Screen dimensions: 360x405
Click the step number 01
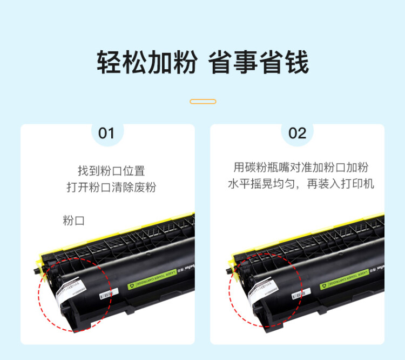(x=106, y=134)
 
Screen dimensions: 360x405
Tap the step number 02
(x=297, y=134)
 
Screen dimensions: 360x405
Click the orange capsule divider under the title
(x=203, y=102)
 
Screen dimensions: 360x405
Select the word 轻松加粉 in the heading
(x=146, y=63)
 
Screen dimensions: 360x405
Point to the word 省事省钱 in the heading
(x=259, y=63)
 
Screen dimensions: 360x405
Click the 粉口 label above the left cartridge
(x=74, y=221)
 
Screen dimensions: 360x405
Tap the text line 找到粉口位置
(x=111, y=171)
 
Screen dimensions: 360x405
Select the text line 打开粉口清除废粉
(x=111, y=188)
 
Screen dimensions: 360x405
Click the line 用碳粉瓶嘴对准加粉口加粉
(x=301, y=168)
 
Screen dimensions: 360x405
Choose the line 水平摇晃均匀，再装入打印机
(x=301, y=184)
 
